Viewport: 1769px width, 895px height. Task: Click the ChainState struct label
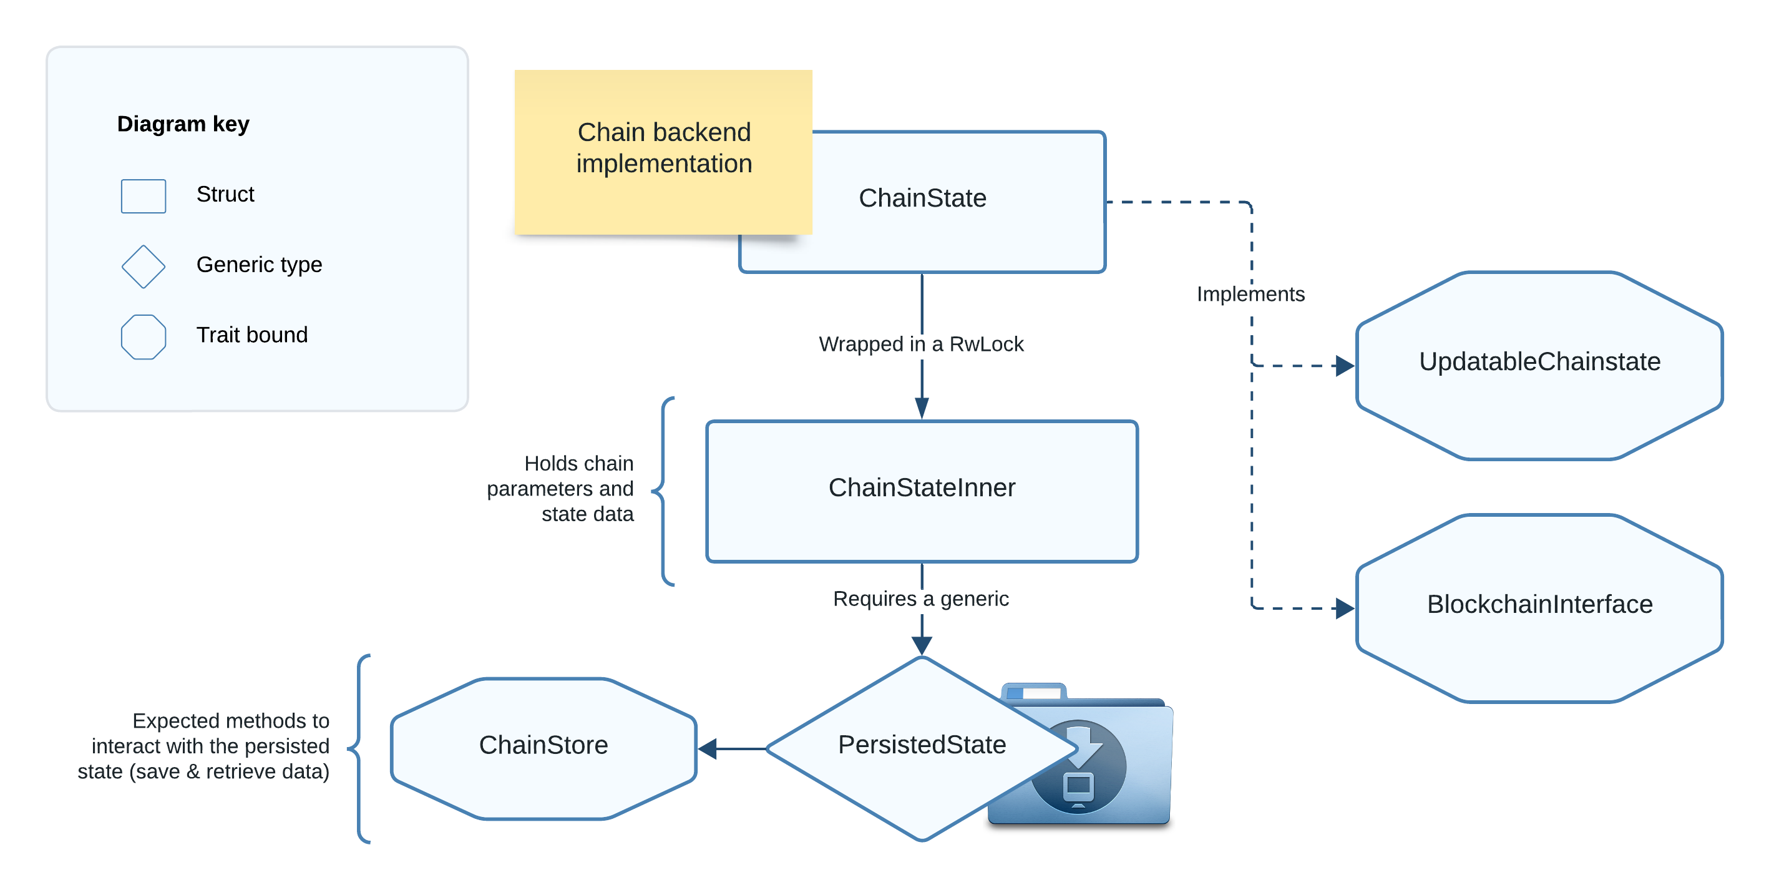tap(922, 198)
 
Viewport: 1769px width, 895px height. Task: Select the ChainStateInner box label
tap(922, 487)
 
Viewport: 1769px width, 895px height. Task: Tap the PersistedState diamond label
tap(922, 745)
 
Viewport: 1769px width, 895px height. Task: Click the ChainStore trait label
tap(543, 745)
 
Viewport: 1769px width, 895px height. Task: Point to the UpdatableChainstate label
tap(1539, 361)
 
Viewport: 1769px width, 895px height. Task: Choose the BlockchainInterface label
tap(1539, 604)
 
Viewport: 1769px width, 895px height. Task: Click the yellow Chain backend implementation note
tap(663, 149)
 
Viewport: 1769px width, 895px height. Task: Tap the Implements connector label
tap(1250, 294)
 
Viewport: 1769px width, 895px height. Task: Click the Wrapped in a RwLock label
tap(921, 344)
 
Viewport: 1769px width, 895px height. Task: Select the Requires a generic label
tap(921, 599)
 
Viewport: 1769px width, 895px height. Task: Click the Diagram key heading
tap(183, 124)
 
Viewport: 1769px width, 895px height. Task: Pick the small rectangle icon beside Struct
tap(144, 197)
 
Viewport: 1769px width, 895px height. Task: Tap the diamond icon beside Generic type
tap(144, 267)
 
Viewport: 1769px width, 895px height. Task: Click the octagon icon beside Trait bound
tap(144, 336)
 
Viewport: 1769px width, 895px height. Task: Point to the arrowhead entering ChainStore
tap(708, 749)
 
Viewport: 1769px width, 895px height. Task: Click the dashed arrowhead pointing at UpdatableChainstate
tap(1345, 365)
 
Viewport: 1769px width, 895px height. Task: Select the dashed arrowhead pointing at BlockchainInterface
tap(1345, 608)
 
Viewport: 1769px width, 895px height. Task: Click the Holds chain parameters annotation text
tap(560, 488)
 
